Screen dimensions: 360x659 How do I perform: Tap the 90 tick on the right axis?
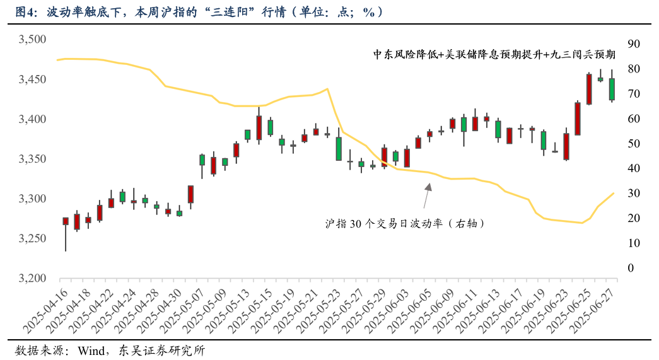coord(634,44)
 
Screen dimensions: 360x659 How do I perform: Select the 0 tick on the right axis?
coord(630,268)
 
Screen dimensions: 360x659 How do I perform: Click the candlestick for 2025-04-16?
coord(66,221)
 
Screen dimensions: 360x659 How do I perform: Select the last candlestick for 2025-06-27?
coord(612,89)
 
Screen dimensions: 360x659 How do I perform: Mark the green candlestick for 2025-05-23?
coord(339,149)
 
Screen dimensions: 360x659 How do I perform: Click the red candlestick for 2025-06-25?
coord(589,89)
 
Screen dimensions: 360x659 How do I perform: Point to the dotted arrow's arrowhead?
coord(428,186)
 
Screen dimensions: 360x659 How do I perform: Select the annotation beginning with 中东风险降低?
coord(494,55)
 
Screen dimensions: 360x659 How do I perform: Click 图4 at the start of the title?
coord(24,12)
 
